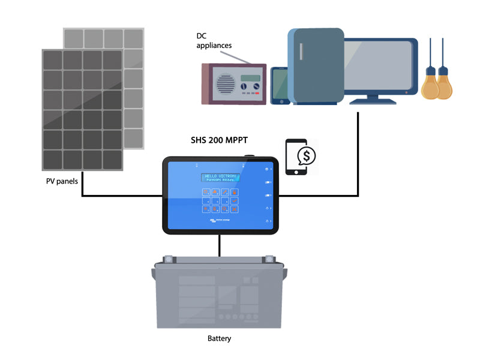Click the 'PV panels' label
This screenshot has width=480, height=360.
(x=63, y=181)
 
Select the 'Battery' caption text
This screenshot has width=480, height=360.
(x=219, y=338)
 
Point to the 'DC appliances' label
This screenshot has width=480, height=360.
(x=214, y=40)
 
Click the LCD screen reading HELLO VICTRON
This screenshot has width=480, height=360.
(x=220, y=178)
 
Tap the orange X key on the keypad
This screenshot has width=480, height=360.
(x=235, y=209)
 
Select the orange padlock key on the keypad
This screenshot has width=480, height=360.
(x=235, y=192)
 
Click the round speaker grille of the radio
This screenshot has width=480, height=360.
(x=225, y=85)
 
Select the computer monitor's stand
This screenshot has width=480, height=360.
(x=373, y=98)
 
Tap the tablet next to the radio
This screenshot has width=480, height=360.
(x=280, y=85)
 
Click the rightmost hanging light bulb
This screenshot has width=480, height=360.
(x=444, y=84)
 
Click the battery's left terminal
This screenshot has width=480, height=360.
(x=168, y=260)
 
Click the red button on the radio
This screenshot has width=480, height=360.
(x=256, y=94)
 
